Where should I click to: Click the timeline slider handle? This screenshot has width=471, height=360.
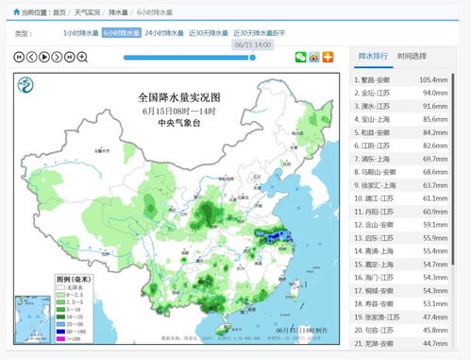click(252, 58)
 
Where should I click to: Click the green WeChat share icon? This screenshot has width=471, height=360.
click(301, 57)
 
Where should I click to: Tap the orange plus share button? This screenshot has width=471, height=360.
click(328, 57)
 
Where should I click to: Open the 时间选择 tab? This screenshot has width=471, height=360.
click(412, 57)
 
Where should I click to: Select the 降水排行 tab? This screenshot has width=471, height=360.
click(374, 57)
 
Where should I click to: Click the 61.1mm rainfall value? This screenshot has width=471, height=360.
click(434, 198)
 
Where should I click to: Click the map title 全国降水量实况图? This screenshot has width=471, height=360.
click(178, 97)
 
